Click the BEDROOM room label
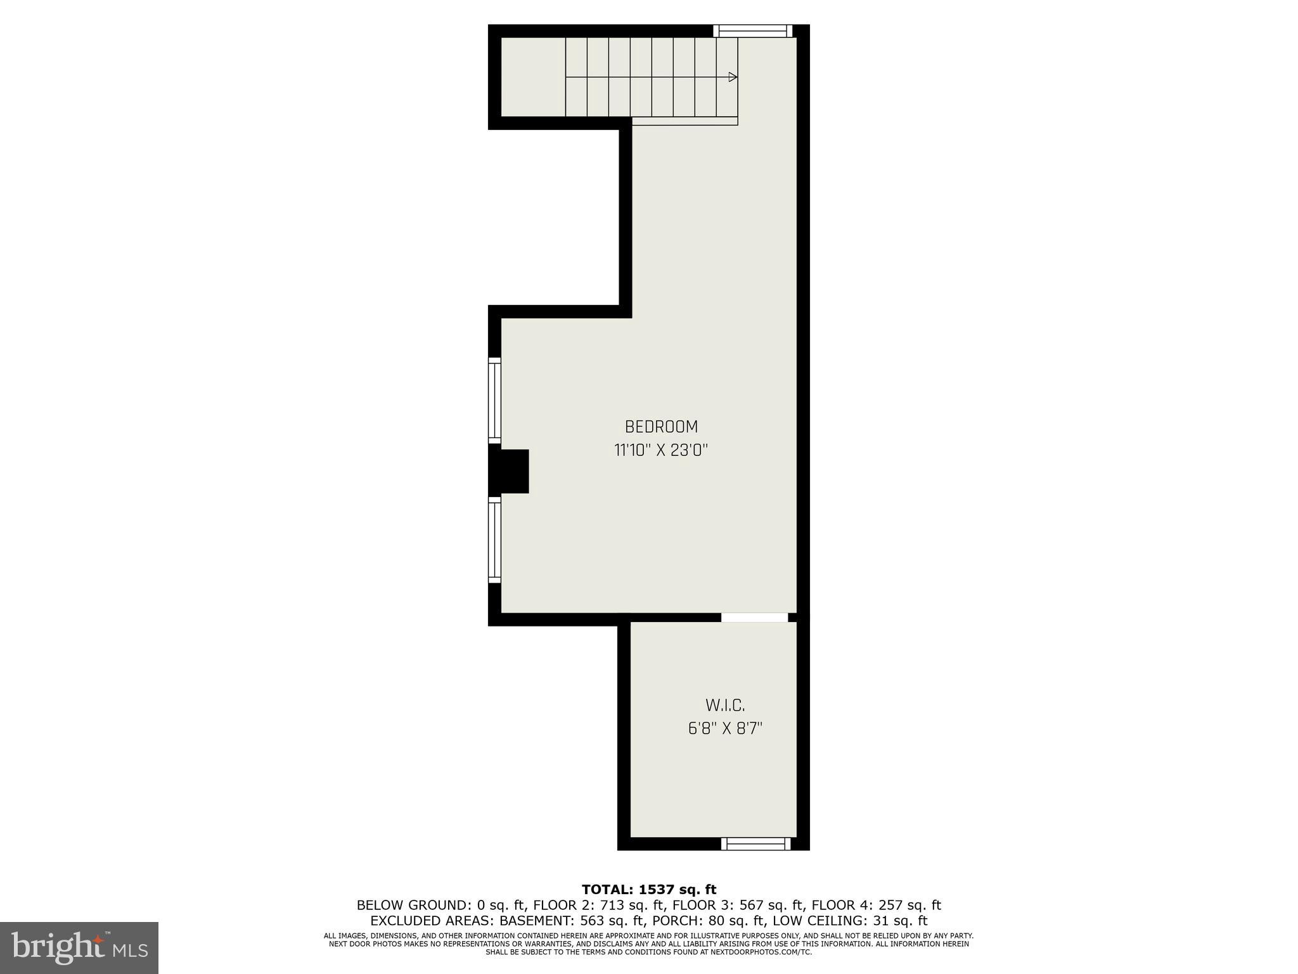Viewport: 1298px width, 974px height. click(x=661, y=427)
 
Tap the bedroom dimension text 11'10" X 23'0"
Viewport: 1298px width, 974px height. click(x=661, y=451)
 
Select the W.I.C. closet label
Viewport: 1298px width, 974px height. click(x=725, y=705)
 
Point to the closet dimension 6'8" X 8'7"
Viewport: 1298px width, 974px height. click(x=725, y=729)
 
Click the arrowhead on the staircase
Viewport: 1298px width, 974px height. click(x=733, y=77)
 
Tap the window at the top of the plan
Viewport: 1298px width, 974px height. click(x=752, y=31)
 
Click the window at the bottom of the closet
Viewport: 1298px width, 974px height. click(x=755, y=843)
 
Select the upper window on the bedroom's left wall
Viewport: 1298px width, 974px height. click(x=494, y=400)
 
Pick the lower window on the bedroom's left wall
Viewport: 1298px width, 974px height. click(x=494, y=540)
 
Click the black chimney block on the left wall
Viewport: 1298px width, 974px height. click(x=511, y=471)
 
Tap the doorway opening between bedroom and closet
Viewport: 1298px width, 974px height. click(x=754, y=617)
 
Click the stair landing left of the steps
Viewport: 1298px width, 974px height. click(x=533, y=77)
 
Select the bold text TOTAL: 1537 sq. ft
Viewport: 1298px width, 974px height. click(x=649, y=890)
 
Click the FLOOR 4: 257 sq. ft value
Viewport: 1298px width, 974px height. click(x=877, y=906)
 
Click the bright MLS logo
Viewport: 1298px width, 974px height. click(x=79, y=948)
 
